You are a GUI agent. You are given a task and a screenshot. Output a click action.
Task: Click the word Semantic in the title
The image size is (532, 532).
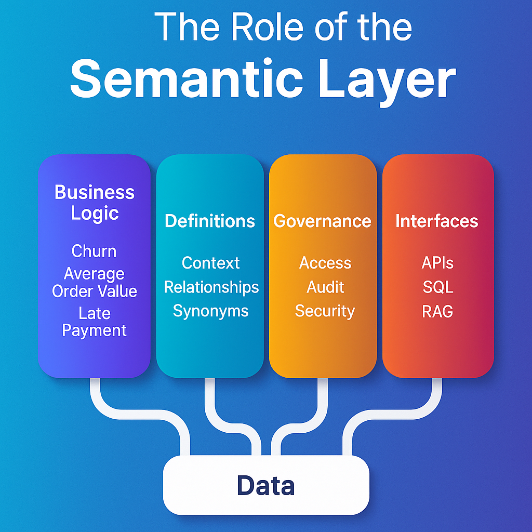coord(187,78)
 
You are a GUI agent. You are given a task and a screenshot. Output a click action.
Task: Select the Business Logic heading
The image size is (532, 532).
coord(95,203)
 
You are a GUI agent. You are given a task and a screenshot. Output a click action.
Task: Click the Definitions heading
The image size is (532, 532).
coord(210,221)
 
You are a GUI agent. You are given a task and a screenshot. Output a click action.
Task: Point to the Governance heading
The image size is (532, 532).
coord(322,221)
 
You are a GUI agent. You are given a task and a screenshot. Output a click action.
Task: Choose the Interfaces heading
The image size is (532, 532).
coord(436,221)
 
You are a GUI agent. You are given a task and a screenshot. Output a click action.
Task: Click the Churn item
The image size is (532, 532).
coord(94,251)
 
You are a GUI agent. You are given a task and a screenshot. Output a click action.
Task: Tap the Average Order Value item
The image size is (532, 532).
coord(95,282)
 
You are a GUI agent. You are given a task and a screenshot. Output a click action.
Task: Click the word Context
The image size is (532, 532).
coord(211,263)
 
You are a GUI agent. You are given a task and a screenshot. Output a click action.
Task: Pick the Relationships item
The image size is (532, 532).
coord(211,287)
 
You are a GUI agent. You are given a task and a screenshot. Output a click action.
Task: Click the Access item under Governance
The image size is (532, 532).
coord(325,263)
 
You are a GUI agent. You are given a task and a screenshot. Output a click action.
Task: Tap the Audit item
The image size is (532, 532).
coord(325,287)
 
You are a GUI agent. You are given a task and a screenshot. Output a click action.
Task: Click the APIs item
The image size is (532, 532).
coord(437,263)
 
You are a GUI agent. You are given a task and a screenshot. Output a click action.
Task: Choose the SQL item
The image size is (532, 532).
coord(437,287)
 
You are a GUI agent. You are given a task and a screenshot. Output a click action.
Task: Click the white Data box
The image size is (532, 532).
coord(266,485)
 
